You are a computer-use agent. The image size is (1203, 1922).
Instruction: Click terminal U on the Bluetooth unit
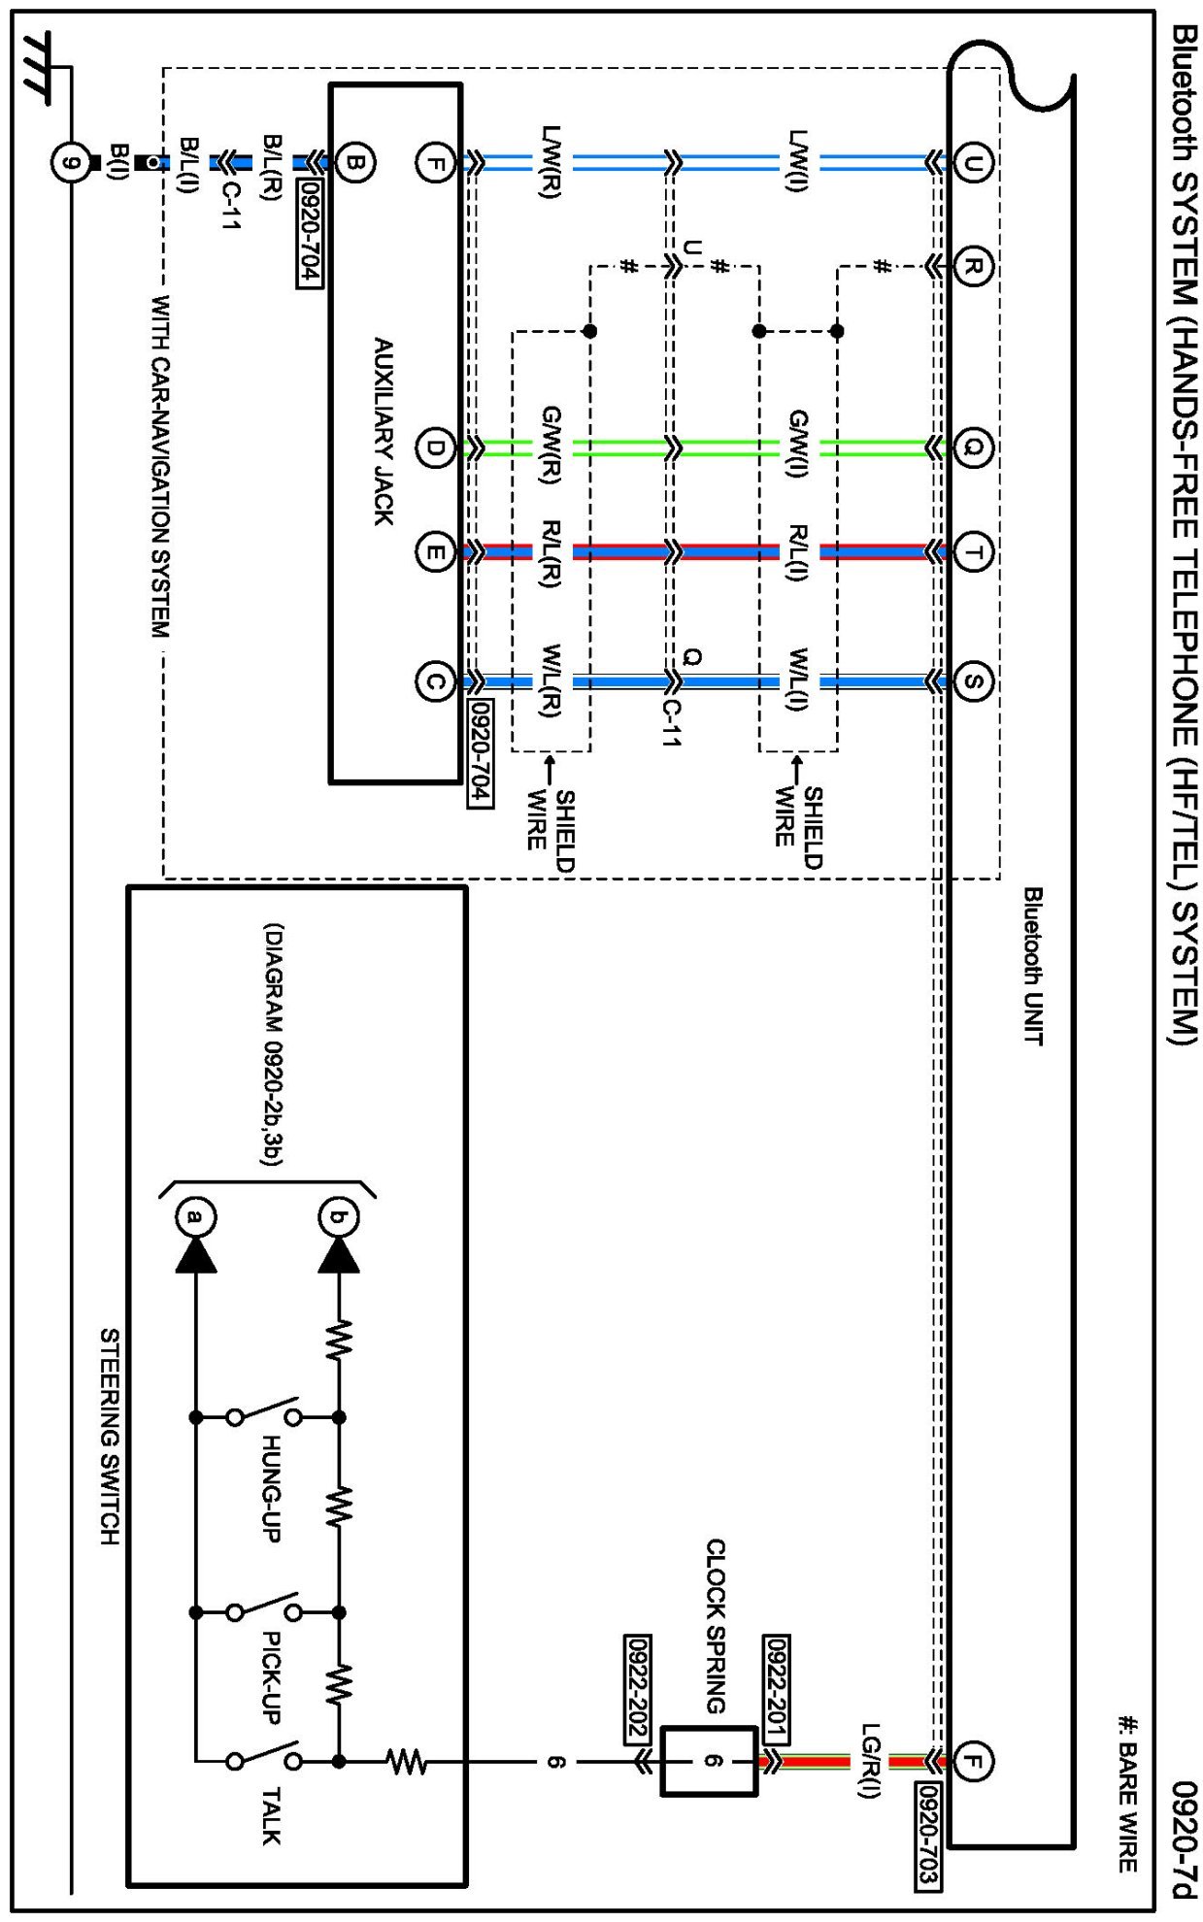(973, 162)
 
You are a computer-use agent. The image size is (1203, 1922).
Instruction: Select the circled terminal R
(973, 265)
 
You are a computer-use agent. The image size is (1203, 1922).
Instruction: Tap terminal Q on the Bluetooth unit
(973, 447)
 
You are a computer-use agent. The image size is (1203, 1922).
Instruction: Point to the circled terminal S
(973, 680)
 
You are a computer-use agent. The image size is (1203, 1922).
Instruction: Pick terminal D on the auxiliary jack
(435, 447)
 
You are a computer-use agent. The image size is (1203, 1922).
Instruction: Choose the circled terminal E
(435, 552)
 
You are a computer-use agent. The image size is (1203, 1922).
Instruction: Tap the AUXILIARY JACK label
(384, 432)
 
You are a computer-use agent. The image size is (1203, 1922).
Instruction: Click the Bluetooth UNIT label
(1033, 966)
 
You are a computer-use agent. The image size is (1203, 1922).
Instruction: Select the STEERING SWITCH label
(110, 1437)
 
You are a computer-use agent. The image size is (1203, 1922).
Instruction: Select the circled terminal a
(196, 1216)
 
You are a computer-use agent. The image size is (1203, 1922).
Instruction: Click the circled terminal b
(338, 1216)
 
